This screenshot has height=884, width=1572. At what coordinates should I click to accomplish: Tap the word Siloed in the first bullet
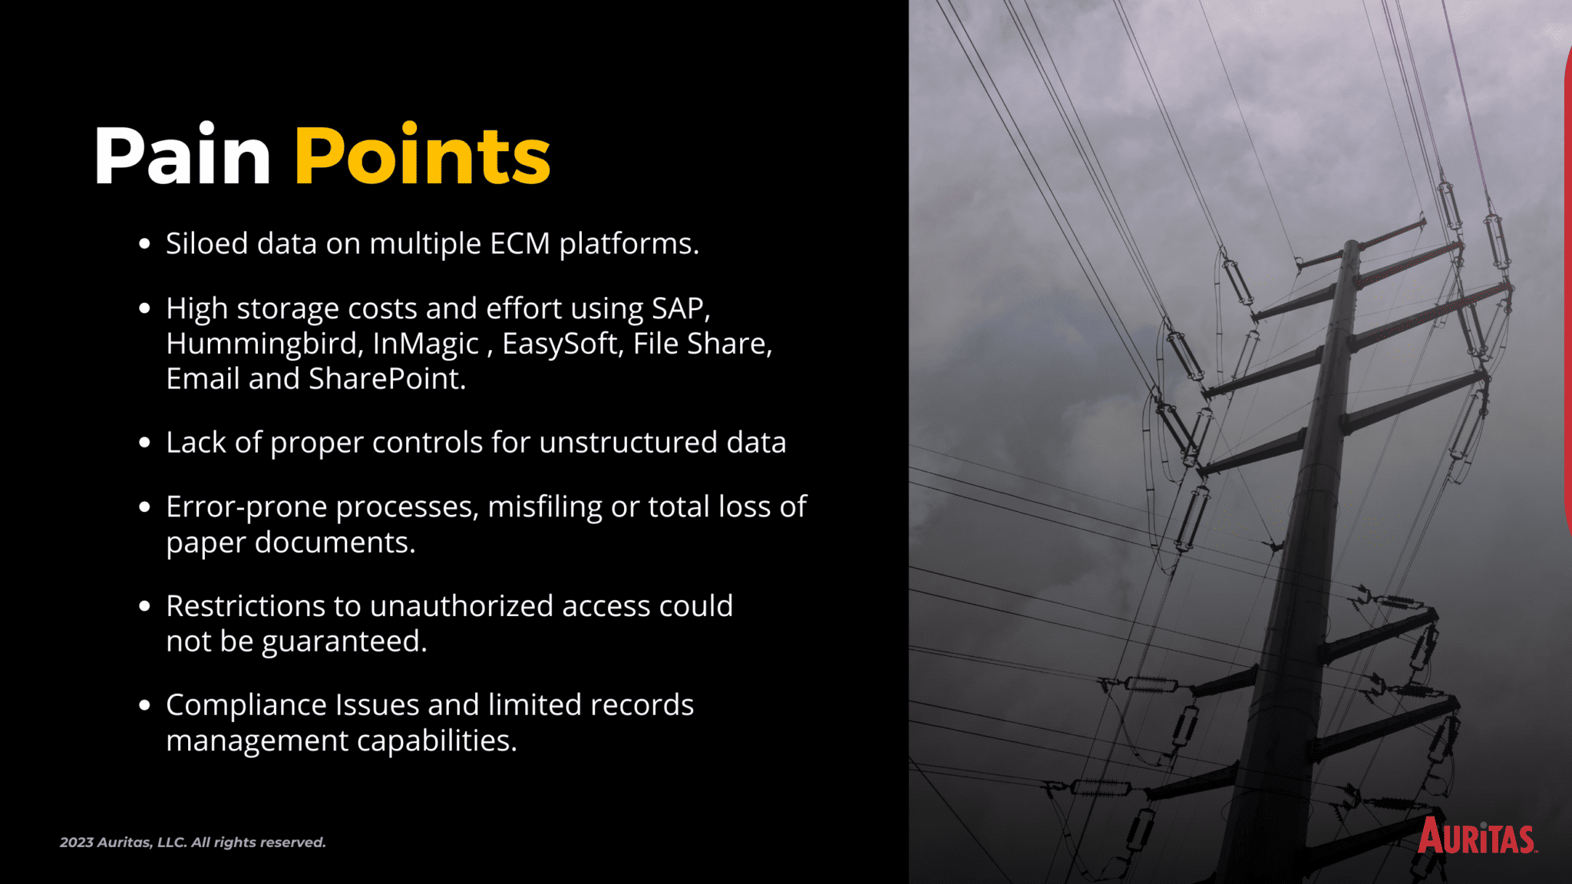click(206, 243)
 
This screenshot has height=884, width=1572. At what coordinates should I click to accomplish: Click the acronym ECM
click(520, 243)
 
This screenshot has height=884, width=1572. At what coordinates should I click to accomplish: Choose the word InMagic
click(425, 344)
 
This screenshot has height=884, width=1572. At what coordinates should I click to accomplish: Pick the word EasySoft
click(560, 344)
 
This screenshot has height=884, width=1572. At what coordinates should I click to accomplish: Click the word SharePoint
click(386, 379)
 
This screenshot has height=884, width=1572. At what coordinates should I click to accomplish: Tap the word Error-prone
click(246, 507)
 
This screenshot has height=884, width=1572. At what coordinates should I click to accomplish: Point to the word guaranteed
click(344, 642)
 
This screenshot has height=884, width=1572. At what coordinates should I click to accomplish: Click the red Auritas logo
click(1475, 836)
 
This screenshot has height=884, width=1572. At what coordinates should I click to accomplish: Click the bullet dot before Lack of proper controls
click(144, 443)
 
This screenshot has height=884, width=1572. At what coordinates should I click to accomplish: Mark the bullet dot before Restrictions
click(144, 606)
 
